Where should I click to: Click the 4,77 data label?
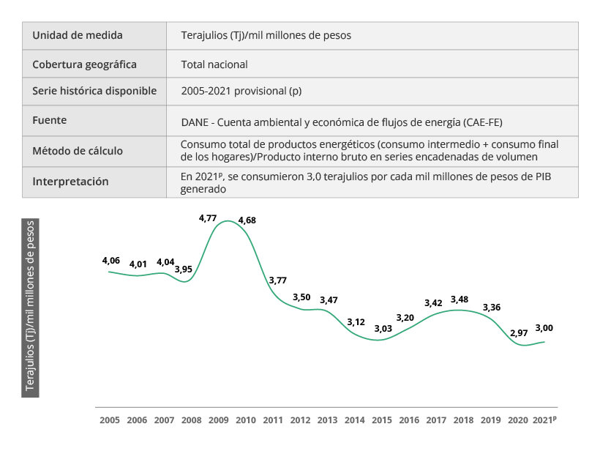[209, 217]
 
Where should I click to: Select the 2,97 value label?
[518, 333]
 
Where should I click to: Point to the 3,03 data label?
[382, 329]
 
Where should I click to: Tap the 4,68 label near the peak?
[247, 220]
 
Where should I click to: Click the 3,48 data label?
[460, 299]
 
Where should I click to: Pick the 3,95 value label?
[184, 269]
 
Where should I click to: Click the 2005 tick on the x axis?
[110, 420]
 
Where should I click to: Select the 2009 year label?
[219, 420]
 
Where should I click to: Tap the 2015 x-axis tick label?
[382, 420]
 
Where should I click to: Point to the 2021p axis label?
[545, 420]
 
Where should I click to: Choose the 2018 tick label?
[464, 420]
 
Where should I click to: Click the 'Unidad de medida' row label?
[78, 35]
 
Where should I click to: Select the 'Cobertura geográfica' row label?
[84, 64]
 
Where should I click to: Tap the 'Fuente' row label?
[50, 119]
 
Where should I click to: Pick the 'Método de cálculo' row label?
[78, 151]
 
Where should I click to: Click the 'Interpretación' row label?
[70, 182]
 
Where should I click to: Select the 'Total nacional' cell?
[214, 64]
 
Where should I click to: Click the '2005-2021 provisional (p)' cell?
[241, 92]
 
